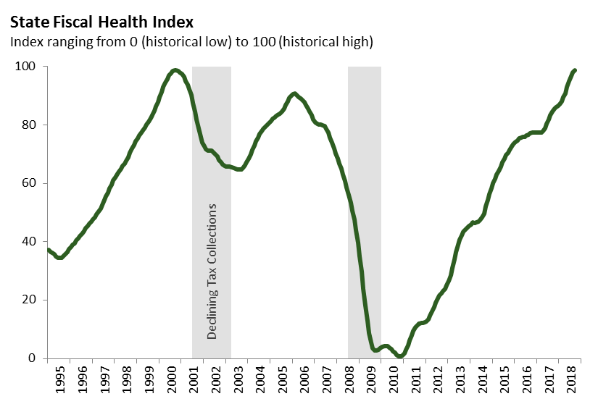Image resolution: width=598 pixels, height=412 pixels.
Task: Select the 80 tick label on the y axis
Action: (x=30, y=125)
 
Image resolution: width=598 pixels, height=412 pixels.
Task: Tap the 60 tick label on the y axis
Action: (x=30, y=183)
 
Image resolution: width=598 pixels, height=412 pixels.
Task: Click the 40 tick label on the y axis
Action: (x=30, y=242)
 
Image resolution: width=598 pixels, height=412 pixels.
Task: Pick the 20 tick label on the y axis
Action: (x=30, y=300)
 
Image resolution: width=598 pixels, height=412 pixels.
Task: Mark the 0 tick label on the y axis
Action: (x=33, y=358)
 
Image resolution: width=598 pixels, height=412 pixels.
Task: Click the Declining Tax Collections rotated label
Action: (x=212, y=272)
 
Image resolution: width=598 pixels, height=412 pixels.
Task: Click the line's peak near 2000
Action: (x=175, y=70)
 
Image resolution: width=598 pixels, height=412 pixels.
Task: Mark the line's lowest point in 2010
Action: (x=400, y=356)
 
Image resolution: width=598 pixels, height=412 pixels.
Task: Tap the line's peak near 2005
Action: (x=294, y=93)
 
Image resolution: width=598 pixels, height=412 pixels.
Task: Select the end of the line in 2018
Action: (x=575, y=70)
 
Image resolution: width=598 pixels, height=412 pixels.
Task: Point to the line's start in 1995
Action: (x=48, y=250)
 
